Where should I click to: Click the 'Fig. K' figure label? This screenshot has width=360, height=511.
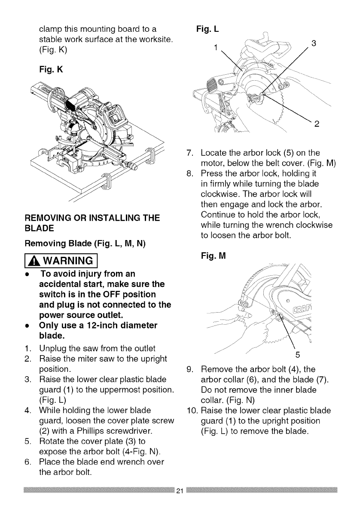50,68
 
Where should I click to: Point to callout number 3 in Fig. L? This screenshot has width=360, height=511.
314,43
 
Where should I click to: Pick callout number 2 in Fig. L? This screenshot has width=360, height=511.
317,125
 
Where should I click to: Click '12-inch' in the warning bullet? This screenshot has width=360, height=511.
95,327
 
